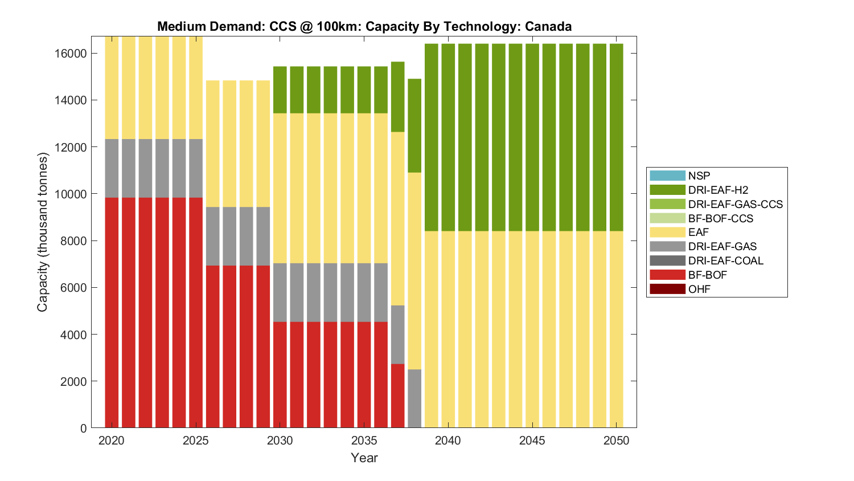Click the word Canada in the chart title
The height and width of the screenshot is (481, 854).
click(548, 26)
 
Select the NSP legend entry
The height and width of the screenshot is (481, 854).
click(699, 176)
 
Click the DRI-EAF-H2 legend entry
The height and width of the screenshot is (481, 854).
click(717, 190)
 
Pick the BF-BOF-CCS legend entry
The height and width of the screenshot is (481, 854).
click(720, 218)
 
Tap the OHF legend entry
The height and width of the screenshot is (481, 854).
click(699, 289)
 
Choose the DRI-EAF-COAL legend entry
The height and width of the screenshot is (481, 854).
click(725, 260)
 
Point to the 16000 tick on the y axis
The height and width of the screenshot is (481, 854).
click(71, 54)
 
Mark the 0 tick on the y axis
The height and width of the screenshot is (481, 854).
click(84, 428)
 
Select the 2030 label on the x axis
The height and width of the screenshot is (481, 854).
click(280, 441)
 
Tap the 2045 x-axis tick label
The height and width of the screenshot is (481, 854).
click(532, 441)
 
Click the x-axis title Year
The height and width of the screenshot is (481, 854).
click(364, 458)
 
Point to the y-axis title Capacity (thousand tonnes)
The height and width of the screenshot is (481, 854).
click(43, 232)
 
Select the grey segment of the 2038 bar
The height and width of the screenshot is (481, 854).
click(414, 398)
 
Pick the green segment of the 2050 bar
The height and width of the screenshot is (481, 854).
click(616, 137)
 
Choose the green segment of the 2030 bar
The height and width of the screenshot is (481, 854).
click(280, 90)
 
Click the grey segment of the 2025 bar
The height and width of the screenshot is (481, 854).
click(196, 168)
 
